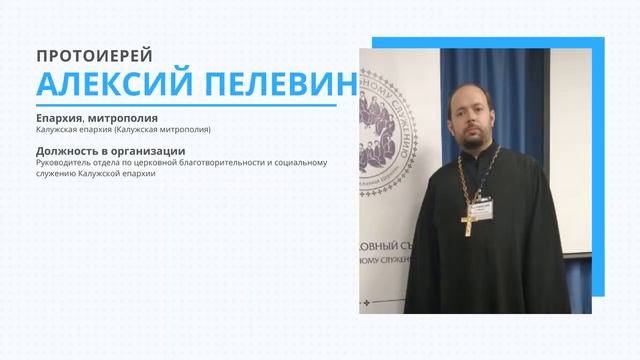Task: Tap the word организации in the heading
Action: [136, 151]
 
